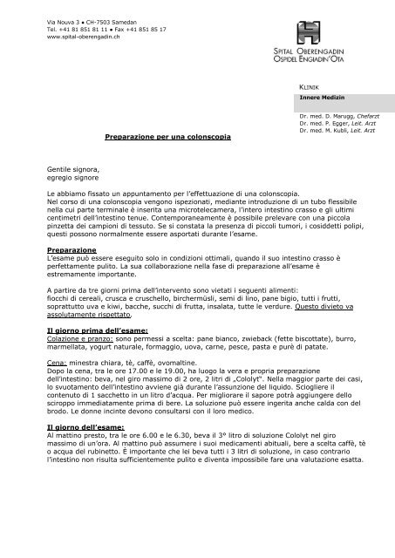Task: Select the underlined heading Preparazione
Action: (72, 249)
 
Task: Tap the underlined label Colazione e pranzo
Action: (81, 341)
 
